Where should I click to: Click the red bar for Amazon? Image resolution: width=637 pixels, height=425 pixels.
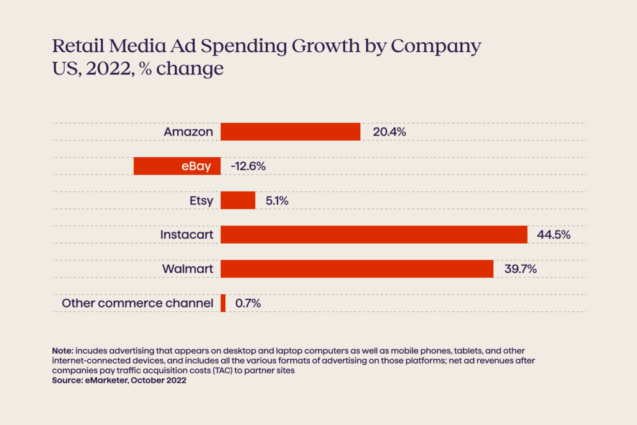[x=291, y=132]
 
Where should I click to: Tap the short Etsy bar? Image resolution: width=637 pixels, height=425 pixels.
[x=238, y=200]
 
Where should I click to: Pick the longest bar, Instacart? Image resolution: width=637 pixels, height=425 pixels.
[x=374, y=234]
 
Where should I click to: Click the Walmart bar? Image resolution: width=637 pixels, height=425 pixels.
[x=357, y=269]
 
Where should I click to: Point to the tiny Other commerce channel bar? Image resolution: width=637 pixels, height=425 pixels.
[x=223, y=303]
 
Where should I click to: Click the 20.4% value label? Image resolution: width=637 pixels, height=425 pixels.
[x=389, y=132]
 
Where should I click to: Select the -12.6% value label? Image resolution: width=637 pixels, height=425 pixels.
[x=248, y=167]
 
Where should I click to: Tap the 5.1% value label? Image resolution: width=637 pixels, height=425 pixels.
[x=277, y=201]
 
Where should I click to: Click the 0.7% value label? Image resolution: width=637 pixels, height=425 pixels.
[x=248, y=303]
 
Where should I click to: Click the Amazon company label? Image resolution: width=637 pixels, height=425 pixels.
[x=188, y=132]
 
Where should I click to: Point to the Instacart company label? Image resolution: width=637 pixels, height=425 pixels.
[x=187, y=235]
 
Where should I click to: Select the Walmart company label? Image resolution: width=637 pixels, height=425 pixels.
[x=188, y=269]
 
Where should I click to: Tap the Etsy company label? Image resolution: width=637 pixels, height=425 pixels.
[x=201, y=201]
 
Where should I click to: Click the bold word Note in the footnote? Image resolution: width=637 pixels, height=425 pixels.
[x=62, y=351]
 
